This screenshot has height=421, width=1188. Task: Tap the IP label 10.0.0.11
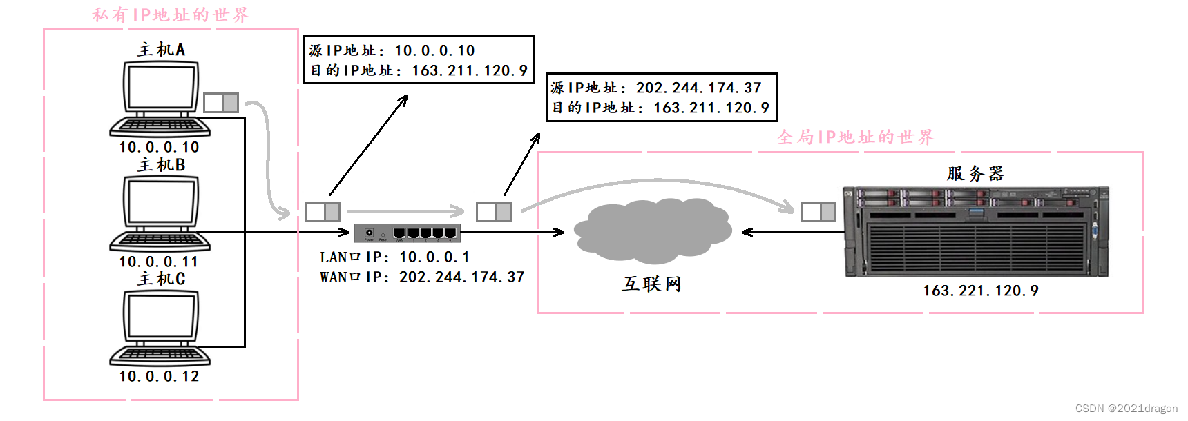click(x=159, y=262)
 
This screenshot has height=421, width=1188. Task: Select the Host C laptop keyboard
click(x=160, y=355)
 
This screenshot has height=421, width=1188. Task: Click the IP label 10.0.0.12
click(x=159, y=377)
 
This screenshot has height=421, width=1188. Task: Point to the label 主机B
click(x=162, y=165)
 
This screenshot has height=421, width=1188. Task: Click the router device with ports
click(x=407, y=233)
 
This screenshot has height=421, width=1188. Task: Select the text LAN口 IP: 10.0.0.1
click(x=394, y=257)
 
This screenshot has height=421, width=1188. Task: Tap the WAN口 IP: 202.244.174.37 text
click(x=422, y=277)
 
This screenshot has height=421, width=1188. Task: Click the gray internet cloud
click(x=652, y=231)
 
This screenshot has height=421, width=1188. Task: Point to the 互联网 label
click(x=651, y=284)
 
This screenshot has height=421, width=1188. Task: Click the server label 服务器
click(x=975, y=173)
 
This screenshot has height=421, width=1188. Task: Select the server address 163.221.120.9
click(x=981, y=291)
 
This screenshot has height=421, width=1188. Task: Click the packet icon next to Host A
click(x=221, y=103)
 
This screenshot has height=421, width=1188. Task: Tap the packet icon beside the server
click(x=818, y=212)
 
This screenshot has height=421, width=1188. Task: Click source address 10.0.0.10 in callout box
click(x=434, y=51)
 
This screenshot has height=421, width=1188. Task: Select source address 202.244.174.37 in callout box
click(x=698, y=88)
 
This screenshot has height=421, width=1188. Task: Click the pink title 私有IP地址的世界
click(x=171, y=15)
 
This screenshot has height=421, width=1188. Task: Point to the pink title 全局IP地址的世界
click(x=856, y=137)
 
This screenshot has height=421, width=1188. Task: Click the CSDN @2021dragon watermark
click(x=1127, y=409)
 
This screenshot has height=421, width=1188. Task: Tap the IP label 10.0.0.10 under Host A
click(x=159, y=148)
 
